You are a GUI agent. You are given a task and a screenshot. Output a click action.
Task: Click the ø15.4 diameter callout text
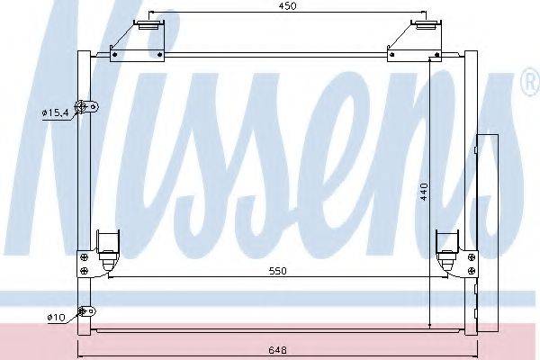[56, 112]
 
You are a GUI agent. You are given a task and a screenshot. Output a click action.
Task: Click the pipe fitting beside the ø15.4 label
[88, 108]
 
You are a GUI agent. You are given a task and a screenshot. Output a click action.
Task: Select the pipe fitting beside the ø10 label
[87, 313]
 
